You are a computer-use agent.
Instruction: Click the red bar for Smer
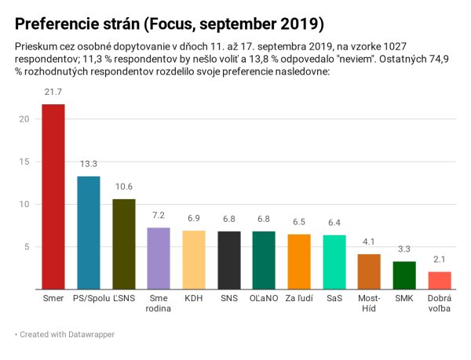point(53,197)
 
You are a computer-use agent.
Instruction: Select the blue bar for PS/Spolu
point(89,233)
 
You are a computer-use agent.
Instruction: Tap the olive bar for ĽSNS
point(124,244)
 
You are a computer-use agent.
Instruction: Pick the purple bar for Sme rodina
point(159,259)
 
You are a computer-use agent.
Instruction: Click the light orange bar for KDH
point(194,260)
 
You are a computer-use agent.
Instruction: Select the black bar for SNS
point(229,260)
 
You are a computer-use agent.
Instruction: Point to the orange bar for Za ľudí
point(299,261)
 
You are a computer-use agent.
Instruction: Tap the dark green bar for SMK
point(404,275)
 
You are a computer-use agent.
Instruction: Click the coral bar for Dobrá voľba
point(440,280)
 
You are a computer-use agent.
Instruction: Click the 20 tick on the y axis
point(24,119)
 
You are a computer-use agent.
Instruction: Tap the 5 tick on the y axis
point(26,247)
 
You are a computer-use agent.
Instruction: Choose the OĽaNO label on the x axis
point(264,300)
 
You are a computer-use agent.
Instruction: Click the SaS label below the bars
point(334,300)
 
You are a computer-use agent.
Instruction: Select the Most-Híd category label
point(369,305)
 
